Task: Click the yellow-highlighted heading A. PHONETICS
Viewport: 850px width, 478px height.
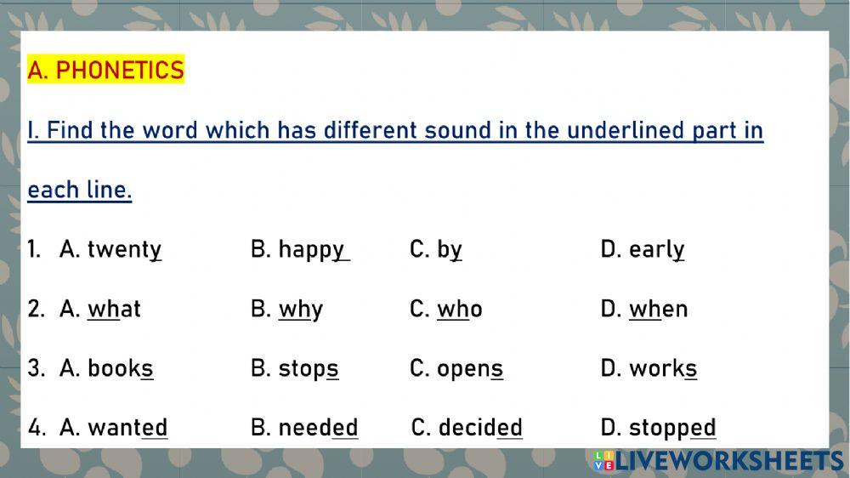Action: tap(105, 70)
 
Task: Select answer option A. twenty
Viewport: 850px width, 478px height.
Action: tap(110, 249)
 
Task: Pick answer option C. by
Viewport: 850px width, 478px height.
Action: tap(436, 249)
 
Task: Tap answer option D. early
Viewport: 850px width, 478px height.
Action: tap(643, 249)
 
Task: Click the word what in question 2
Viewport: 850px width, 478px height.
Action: tap(114, 309)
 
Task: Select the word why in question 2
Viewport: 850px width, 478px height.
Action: tap(300, 309)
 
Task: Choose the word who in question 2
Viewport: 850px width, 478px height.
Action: tap(459, 309)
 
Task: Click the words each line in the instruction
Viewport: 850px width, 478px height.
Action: tap(80, 190)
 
